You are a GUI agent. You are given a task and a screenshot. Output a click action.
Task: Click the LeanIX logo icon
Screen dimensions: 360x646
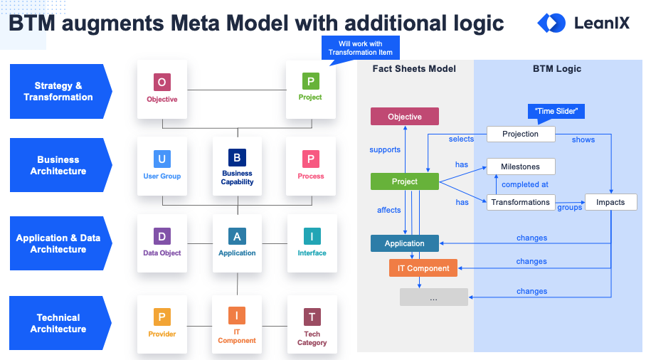click(551, 23)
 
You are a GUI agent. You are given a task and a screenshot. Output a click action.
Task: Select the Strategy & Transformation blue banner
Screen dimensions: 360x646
click(59, 92)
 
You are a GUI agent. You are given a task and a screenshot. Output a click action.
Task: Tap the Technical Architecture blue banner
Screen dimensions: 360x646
click(59, 324)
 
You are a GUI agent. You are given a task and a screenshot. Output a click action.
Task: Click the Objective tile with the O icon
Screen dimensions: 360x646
click(162, 88)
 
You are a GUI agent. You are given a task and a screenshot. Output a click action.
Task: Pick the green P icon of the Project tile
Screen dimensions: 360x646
click(310, 81)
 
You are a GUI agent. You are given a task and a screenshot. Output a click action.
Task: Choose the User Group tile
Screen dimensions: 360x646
click(162, 165)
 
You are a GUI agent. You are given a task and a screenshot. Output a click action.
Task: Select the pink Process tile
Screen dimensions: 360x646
click(311, 165)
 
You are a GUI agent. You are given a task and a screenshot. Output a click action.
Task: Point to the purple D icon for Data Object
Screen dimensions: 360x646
click(162, 235)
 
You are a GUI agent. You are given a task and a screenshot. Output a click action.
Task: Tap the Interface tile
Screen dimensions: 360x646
click(312, 243)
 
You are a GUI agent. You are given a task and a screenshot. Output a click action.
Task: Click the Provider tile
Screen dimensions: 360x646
click(162, 324)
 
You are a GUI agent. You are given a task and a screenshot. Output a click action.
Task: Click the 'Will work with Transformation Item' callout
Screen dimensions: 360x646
click(360, 48)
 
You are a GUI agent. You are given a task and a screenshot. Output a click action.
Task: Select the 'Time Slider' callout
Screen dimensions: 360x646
click(556, 112)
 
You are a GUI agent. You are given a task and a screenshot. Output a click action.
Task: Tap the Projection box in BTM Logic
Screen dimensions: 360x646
click(521, 134)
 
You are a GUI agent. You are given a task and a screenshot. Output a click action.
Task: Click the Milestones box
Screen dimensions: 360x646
click(521, 166)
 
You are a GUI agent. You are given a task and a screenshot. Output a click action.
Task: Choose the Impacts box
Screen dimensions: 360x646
click(610, 202)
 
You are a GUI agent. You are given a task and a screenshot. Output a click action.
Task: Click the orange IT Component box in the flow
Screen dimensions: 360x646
click(423, 268)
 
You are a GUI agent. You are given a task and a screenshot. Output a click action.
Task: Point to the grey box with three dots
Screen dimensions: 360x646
click(434, 297)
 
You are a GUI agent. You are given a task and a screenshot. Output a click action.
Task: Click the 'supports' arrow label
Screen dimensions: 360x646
click(385, 150)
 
